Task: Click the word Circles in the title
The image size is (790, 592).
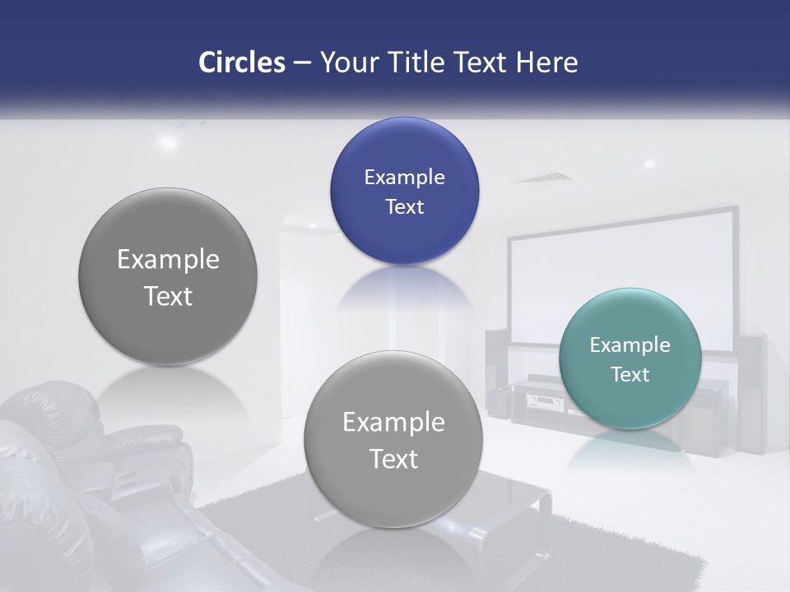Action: click(x=241, y=62)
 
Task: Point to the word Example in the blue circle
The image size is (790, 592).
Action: click(x=404, y=178)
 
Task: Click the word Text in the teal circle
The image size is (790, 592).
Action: click(x=630, y=375)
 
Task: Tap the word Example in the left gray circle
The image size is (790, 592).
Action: click(x=168, y=260)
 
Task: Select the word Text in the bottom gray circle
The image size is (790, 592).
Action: click(x=393, y=459)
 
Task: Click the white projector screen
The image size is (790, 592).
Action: click(x=621, y=271)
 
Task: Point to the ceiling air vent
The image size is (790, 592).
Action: click(x=540, y=177)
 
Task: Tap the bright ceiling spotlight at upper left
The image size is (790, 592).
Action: click(x=168, y=142)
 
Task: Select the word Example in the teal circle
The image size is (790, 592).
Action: click(x=630, y=345)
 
